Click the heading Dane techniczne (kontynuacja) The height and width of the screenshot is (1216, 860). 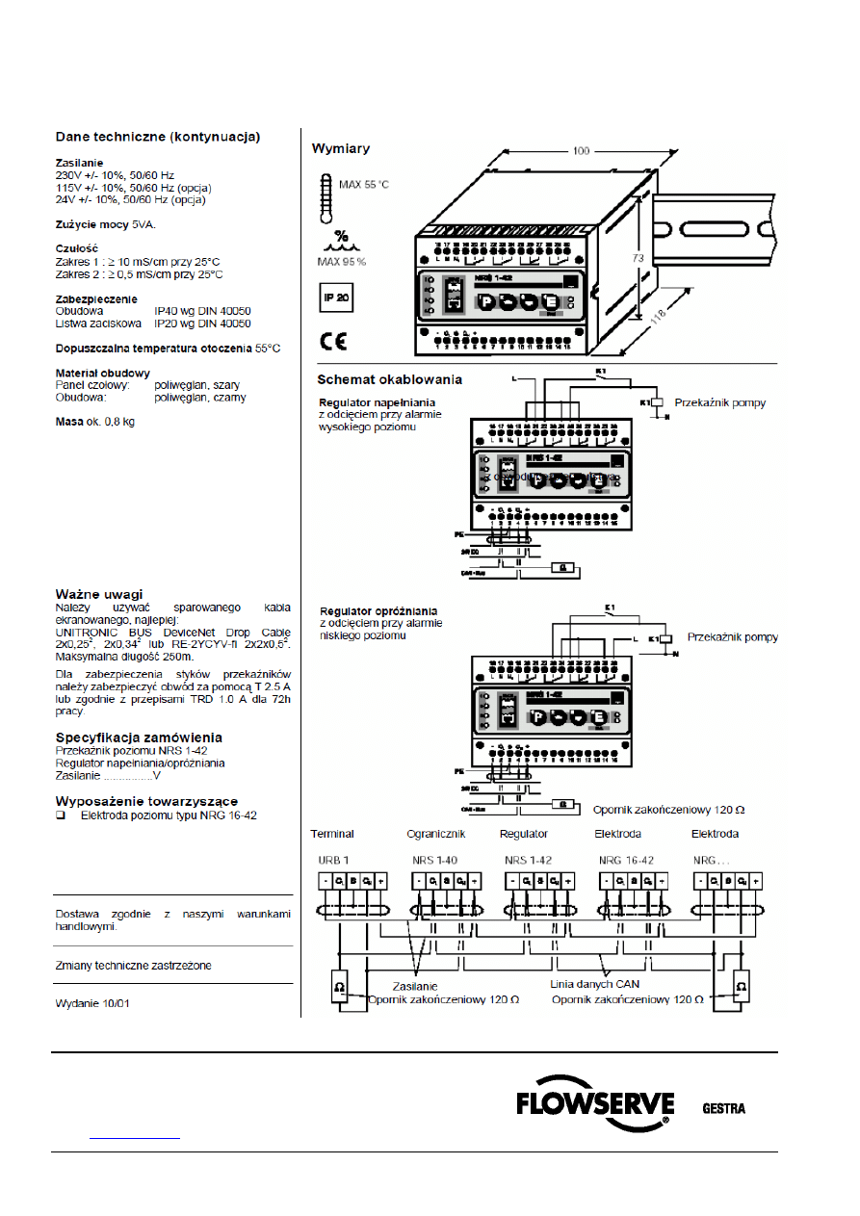click(x=157, y=138)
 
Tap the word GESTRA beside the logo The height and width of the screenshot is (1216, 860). click(x=722, y=1108)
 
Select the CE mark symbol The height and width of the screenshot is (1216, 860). click(x=334, y=341)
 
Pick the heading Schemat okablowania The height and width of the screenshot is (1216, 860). click(x=390, y=379)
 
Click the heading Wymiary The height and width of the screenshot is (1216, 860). click(x=340, y=148)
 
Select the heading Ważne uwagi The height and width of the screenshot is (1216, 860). click(x=99, y=594)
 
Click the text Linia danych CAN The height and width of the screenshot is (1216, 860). click(x=594, y=984)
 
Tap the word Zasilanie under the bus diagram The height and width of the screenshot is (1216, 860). click(x=415, y=987)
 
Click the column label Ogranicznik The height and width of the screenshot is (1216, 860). click(x=436, y=834)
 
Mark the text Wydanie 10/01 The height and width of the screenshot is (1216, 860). click(x=92, y=1003)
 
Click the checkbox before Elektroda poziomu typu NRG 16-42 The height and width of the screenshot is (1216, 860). click(x=61, y=815)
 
